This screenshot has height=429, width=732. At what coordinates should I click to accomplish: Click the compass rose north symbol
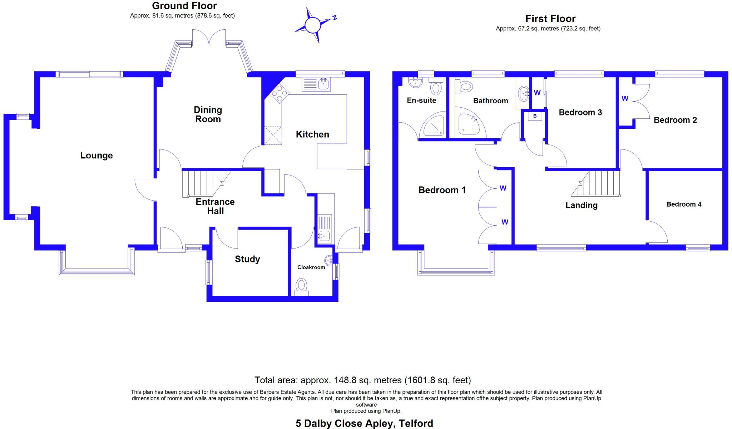(x=313, y=25)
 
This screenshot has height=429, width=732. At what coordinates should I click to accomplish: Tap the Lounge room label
(x=96, y=156)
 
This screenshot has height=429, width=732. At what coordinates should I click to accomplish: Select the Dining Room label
(x=208, y=115)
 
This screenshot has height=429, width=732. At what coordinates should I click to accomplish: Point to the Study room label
(x=247, y=259)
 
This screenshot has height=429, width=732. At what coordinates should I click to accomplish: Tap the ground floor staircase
(x=204, y=183)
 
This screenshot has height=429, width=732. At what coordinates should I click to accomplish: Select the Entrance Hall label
(x=215, y=206)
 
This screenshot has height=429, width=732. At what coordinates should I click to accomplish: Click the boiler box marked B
(x=535, y=116)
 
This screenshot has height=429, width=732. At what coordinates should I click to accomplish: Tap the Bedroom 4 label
(x=684, y=204)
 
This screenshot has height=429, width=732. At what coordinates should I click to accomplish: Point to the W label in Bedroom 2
(x=625, y=98)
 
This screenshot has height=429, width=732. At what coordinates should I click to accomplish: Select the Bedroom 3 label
(x=580, y=113)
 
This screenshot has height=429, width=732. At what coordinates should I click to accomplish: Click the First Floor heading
(x=550, y=19)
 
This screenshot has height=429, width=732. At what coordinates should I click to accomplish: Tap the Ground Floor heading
(x=184, y=6)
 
